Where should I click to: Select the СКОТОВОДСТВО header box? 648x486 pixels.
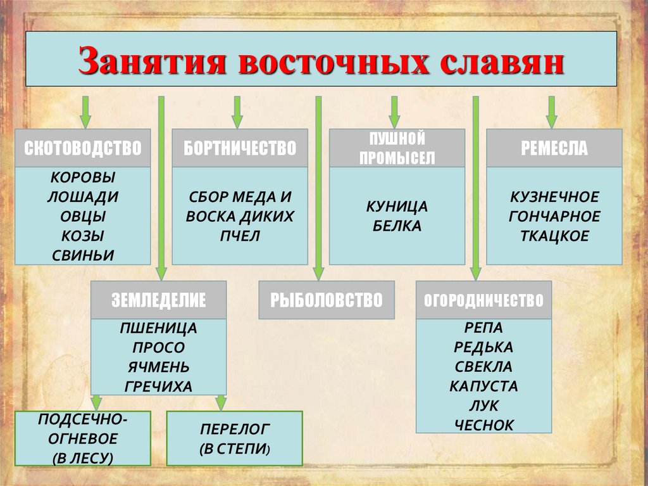82,148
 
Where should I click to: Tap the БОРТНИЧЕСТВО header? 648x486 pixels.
240,148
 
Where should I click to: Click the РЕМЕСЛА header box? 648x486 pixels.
554,148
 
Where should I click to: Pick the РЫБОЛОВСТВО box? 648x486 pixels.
327,300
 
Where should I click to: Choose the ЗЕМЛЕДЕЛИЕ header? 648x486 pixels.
159,300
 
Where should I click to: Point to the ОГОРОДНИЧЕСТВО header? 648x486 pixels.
483,300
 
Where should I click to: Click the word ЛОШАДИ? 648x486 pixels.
82,196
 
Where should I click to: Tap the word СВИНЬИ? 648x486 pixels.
82,255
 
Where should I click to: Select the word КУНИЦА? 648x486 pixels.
397,207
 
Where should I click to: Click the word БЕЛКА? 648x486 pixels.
397,226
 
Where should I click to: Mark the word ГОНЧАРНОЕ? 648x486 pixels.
554,216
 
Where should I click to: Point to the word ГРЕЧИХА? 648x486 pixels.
159,387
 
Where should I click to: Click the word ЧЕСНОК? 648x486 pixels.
483,425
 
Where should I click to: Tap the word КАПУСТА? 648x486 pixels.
483,386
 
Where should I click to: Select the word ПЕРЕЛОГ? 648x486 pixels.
235,430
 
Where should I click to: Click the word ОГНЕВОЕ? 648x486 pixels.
82,438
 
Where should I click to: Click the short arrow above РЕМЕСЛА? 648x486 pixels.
551,112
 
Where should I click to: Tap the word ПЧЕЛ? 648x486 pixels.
240,236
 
